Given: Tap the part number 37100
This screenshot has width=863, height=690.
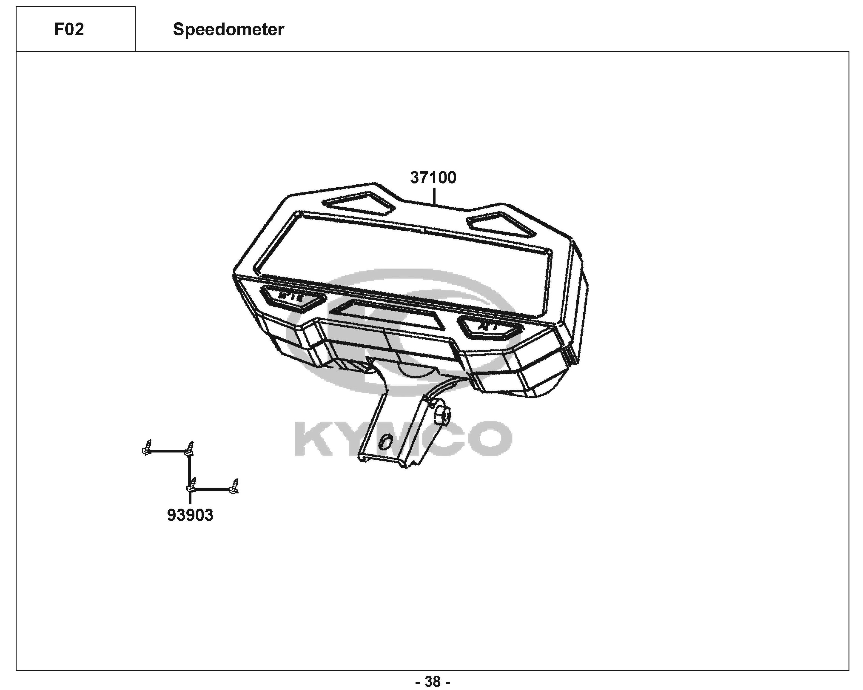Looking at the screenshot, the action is tap(433, 178).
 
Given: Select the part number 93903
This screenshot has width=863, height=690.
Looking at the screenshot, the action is tap(190, 515).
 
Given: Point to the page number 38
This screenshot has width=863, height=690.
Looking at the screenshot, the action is tap(433, 681).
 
